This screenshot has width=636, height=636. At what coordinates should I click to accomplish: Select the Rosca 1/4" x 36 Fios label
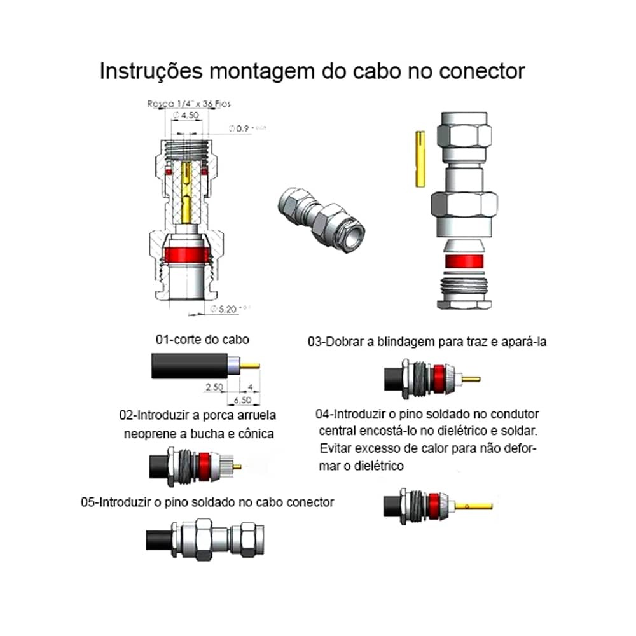pos(180,103)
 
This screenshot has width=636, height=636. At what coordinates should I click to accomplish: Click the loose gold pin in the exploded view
pos(420,159)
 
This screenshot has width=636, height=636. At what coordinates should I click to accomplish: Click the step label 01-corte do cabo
pos(202,340)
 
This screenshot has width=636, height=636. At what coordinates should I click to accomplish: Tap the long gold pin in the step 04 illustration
pos(474,507)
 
